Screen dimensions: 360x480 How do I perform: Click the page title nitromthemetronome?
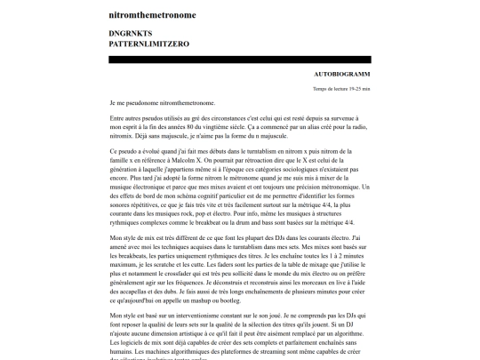(153, 15)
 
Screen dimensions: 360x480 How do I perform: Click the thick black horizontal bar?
(240, 60)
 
